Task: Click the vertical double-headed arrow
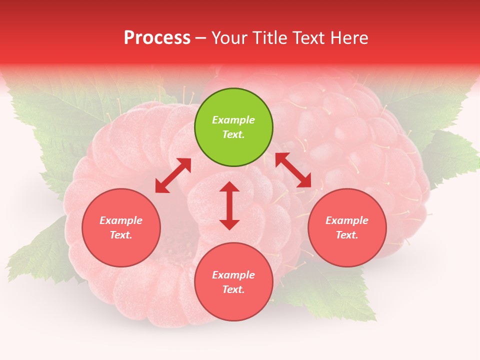pos(229,205)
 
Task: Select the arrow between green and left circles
pos(173,175)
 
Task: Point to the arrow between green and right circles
pos(293,170)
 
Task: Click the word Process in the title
pos(157,38)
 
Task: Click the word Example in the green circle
pos(233,120)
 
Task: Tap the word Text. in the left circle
pos(121,235)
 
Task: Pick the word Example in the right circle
pos(347,220)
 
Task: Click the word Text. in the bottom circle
pos(233,289)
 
